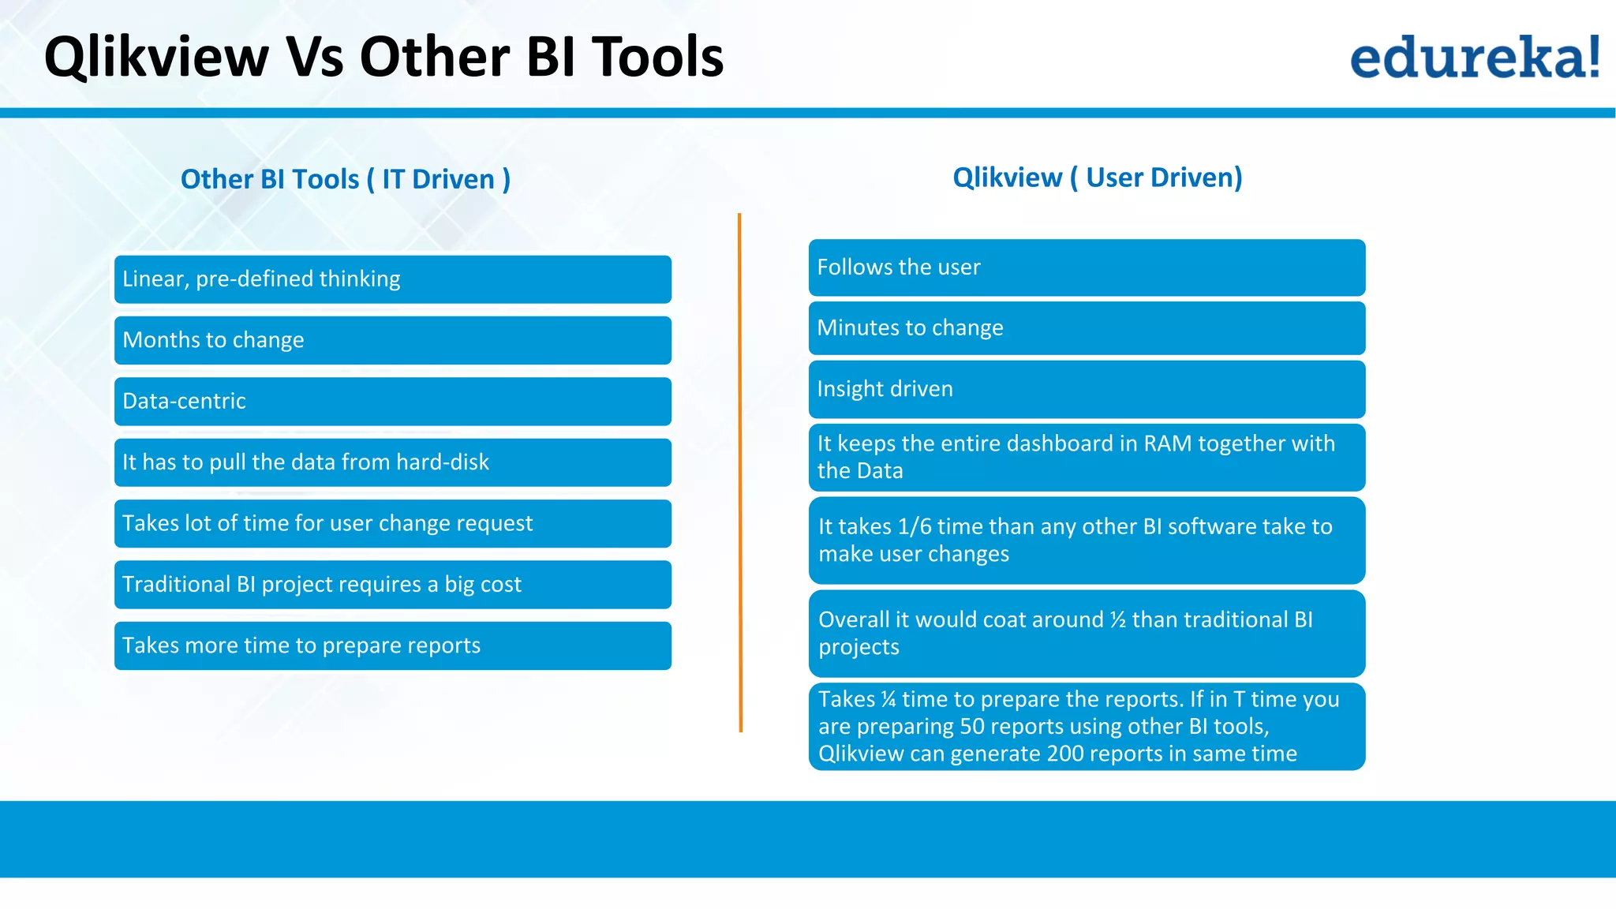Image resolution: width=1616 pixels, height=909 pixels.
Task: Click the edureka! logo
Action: coord(1474,57)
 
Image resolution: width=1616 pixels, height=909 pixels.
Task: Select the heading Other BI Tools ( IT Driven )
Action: coord(346,179)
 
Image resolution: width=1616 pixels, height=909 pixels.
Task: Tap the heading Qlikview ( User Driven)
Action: coord(1097,178)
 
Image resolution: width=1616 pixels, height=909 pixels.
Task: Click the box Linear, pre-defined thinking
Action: coord(392,279)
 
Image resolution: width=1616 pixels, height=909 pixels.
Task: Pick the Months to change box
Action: coord(392,340)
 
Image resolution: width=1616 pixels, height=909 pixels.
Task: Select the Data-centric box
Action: coord(392,402)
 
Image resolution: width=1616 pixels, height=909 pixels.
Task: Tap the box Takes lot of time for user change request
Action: coord(392,523)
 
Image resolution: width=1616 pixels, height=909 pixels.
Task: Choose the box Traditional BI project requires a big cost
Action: coord(392,585)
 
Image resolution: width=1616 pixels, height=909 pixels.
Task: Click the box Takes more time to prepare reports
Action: coord(392,645)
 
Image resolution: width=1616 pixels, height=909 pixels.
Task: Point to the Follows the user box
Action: coord(1087,267)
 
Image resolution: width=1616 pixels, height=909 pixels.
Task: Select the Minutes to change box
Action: coord(1087,328)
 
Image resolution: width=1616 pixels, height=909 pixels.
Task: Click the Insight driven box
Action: coord(1087,389)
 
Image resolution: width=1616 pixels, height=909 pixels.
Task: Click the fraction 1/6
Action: coord(915,527)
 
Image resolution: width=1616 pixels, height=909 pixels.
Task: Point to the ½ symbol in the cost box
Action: coord(1117,620)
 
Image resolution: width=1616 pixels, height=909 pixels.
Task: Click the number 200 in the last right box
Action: coord(1065,754)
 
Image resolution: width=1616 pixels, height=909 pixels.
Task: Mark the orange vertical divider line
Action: coord(740,473)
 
